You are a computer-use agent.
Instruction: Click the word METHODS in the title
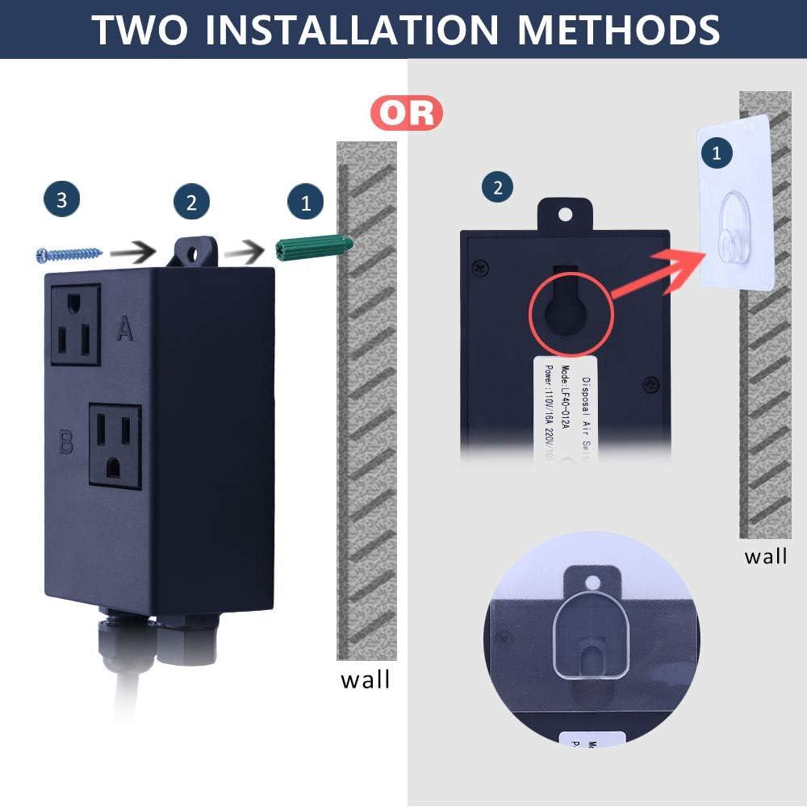tap(618, 29)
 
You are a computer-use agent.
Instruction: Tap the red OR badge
tap(408, 113)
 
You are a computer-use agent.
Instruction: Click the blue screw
tap(69, 253)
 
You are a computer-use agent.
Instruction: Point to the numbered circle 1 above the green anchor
tap(305, 202)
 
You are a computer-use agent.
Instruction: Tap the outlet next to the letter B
tap(115, 445)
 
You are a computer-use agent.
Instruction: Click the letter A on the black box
tap(124, 328)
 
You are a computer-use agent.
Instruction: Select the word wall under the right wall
tap(765, 556)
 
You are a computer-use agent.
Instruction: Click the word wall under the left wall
tap(365, 679)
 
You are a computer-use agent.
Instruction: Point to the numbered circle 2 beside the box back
tap(497, 187)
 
